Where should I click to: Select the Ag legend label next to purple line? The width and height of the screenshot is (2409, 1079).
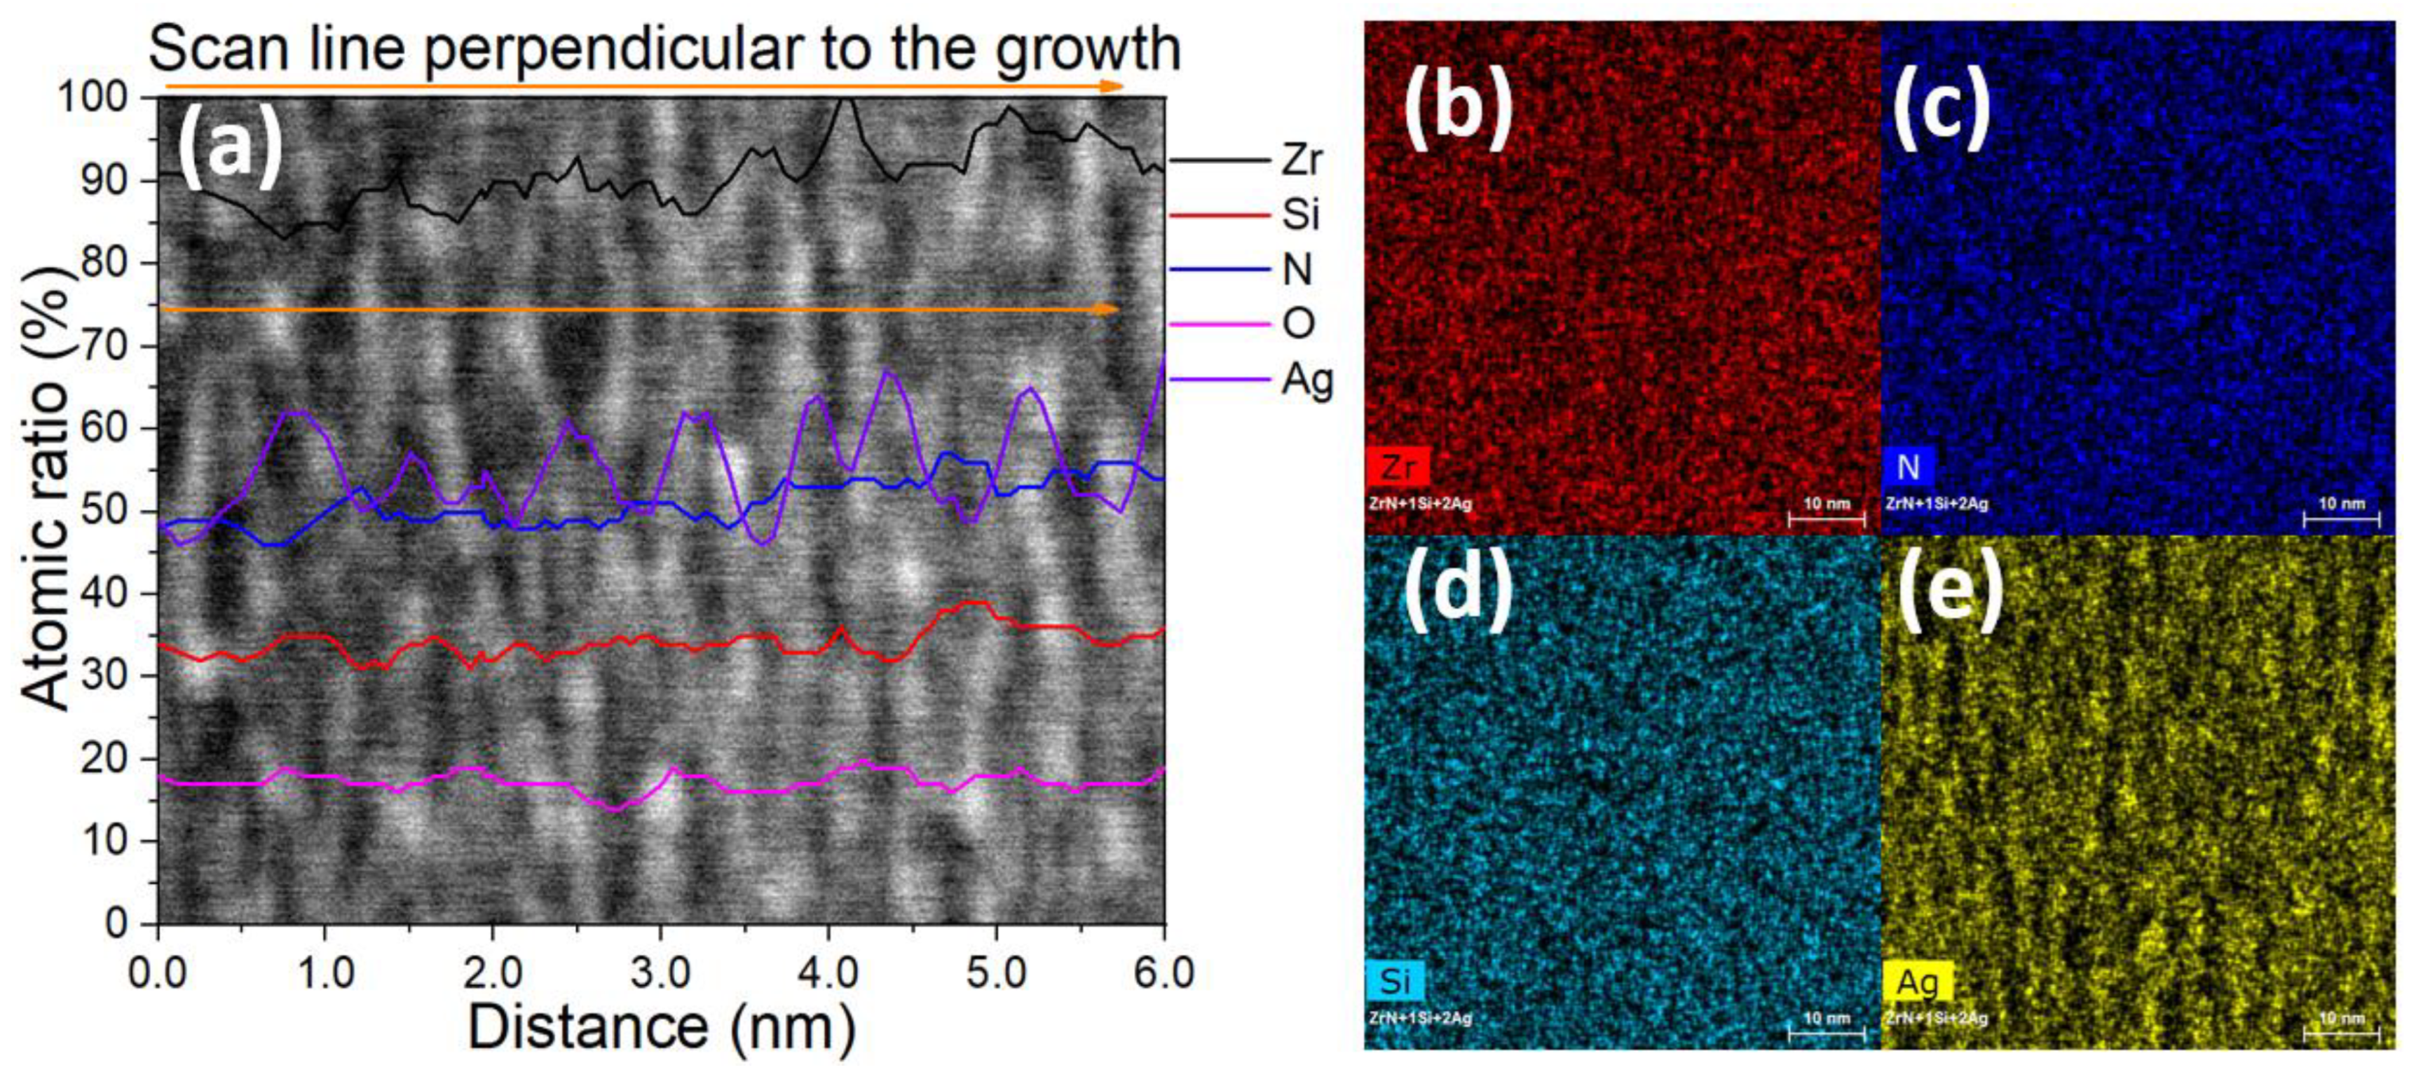tap(1306, 380)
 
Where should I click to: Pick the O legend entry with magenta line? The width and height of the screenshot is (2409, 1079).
tap(1298, 324)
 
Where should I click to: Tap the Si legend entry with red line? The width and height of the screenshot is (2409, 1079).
tap(1300, 215)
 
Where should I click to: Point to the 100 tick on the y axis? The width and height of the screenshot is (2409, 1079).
tap(93, 97)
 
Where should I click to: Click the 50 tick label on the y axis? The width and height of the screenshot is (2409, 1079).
tap(104, 511)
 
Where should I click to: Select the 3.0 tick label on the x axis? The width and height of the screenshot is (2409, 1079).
tap(660, 973)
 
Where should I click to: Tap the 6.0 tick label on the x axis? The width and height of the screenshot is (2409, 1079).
tap(1161, 973)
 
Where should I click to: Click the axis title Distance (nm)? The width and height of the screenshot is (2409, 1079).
tap(661, 1028)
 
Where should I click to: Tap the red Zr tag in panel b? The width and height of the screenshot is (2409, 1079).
tap(1396, 467)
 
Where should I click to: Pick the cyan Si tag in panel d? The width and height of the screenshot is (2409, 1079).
tap(1394, 981)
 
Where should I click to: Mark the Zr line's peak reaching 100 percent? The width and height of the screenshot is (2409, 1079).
tap(845, 99)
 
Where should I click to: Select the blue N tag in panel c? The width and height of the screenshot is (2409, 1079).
tap(1908, 467)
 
